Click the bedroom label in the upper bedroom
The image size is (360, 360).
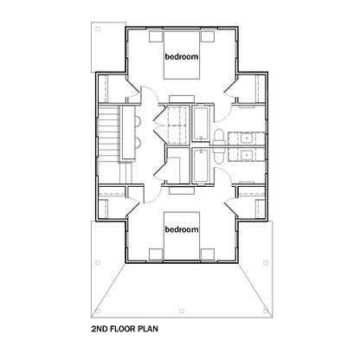point(182,56)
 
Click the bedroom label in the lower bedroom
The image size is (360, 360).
point(182,229)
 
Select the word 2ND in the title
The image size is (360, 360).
point(100,329)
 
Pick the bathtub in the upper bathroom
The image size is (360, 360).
point(200,124)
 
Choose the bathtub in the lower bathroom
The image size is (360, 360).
point(200,165)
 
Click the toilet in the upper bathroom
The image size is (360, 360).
point(219,137)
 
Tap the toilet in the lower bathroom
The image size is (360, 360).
point(219,157)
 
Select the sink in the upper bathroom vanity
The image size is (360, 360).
point(247,138)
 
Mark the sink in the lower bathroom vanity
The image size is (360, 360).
point(247,155)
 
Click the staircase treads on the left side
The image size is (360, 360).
point(109,134)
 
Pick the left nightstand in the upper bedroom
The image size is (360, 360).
point(156,37)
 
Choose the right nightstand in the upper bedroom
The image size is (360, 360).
point(208,37)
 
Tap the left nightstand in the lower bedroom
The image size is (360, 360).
point(156,254)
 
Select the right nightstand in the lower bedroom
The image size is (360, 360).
point(208,254)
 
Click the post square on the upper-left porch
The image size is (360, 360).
point(98,29)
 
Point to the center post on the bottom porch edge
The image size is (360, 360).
point(182,311)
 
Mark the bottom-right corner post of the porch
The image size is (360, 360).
point(266,311)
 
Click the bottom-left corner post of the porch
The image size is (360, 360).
point(98,311)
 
